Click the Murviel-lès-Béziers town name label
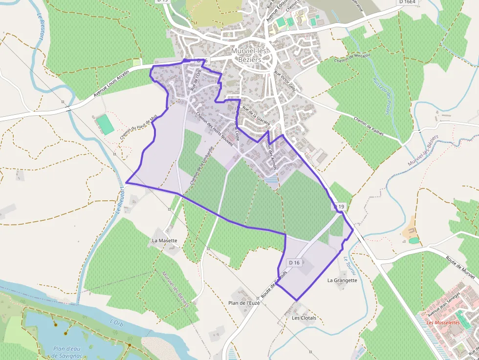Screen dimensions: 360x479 [x=250, y=54]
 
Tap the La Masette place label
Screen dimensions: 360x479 [x=165, y=240]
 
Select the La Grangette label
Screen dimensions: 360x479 [x=342, y=280]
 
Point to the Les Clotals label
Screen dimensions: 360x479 [x=304, y=318]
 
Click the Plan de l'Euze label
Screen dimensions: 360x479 [x=244, y=303]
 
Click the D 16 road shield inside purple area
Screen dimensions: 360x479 [x=294, y=263]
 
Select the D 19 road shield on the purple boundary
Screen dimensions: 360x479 [x=340, y=207]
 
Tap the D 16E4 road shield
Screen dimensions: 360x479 [x=407, y=2]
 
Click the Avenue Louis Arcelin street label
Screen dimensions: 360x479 [x=111, y=84]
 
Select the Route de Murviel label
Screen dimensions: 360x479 [x=462, y=266]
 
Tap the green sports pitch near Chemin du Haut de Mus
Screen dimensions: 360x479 [x=105, y=125]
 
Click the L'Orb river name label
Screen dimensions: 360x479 [x=116, y=322]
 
